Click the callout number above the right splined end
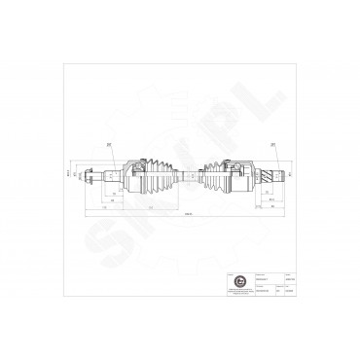click(x=273, y=145)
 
